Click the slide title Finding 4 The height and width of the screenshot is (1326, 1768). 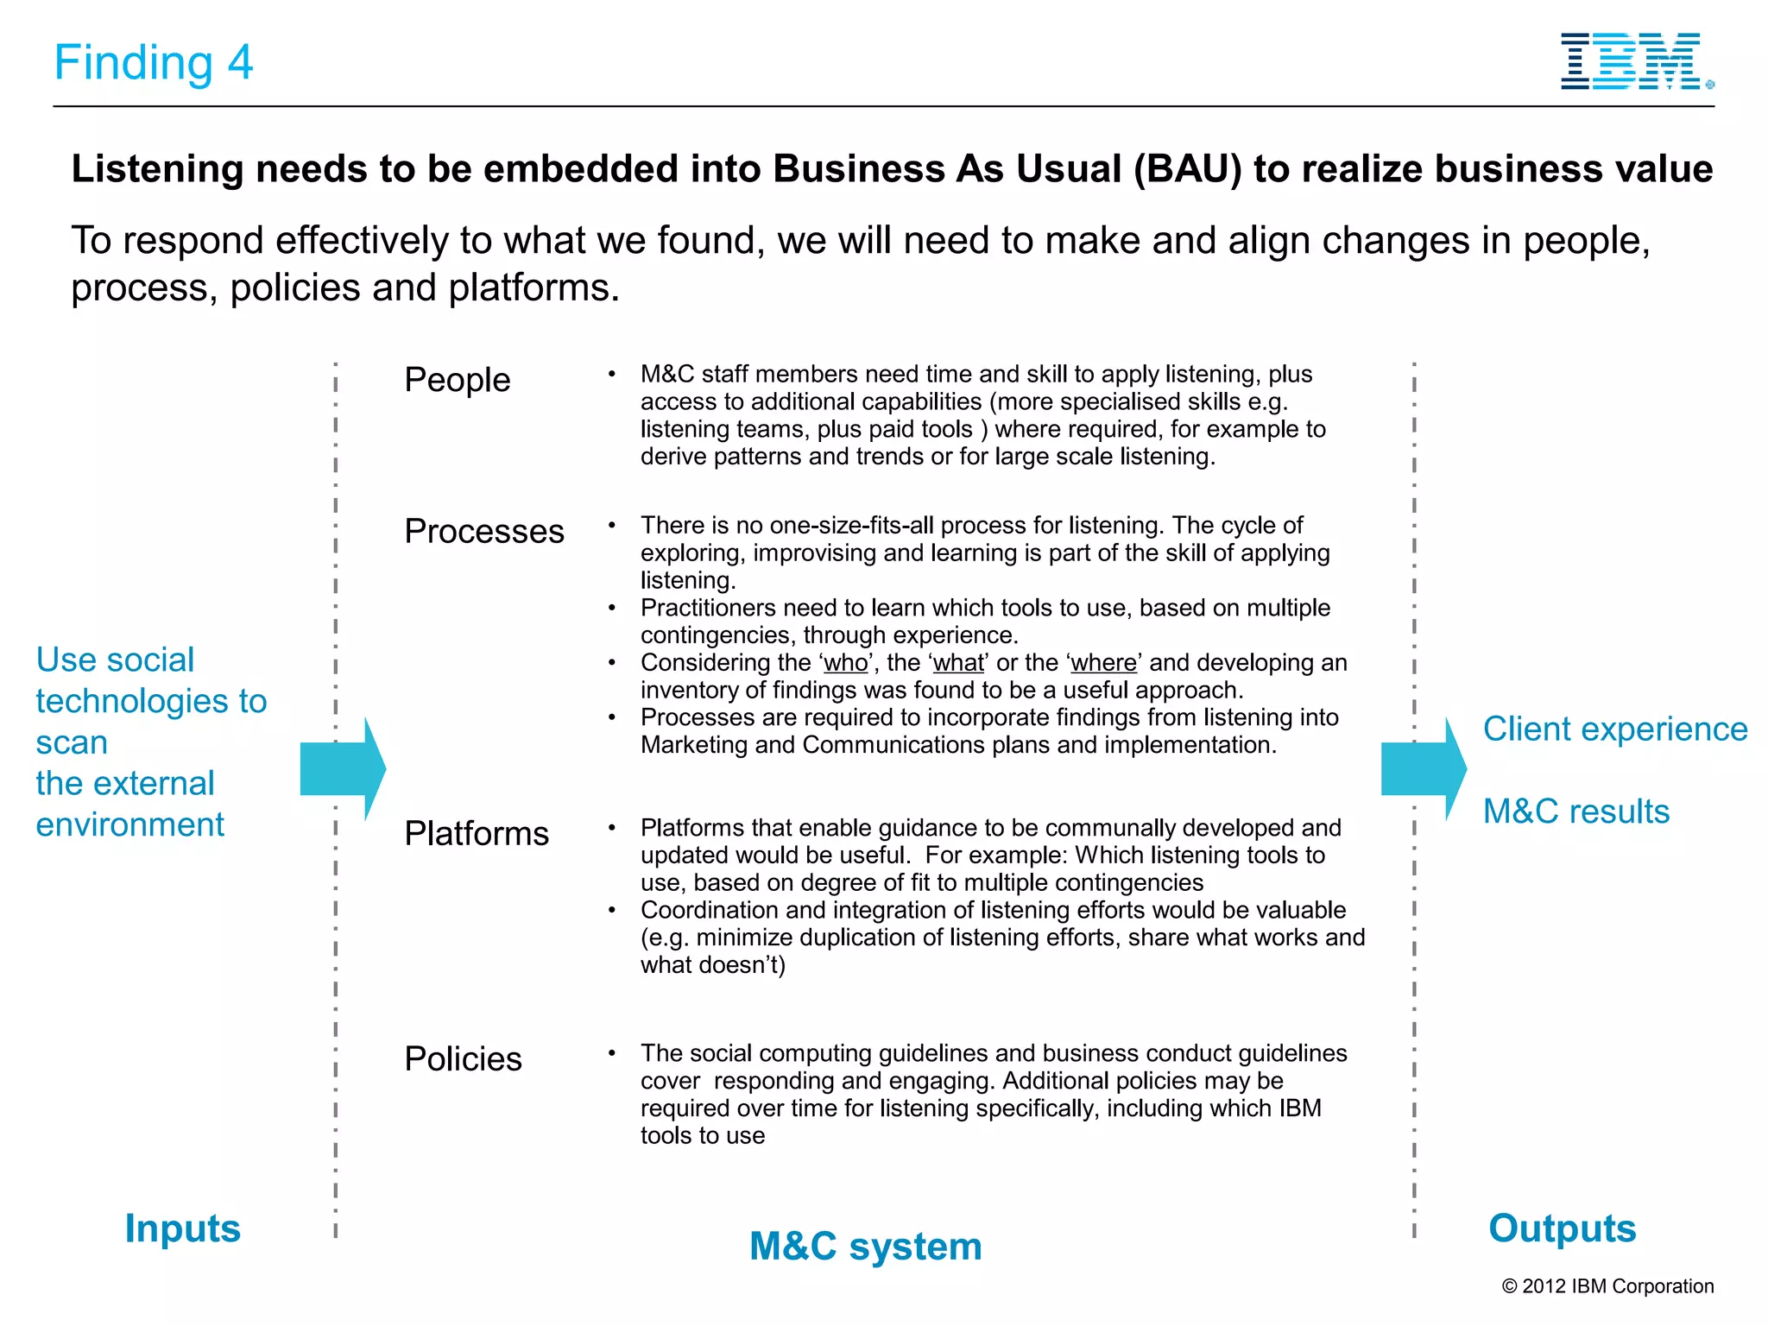[x=154, y=63]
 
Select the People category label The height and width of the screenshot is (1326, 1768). [x=457, y=380]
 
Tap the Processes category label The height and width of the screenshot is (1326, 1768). [x=483, y=531]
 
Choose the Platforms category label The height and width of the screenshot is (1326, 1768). [x=476, y=834]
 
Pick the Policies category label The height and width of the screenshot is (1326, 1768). [x=463, y=1059]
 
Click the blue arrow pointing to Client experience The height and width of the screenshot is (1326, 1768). [x=1422, y=768]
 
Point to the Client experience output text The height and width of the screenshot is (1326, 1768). [x=1614, y=729]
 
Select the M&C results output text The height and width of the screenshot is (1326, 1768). [x=1575, y=811]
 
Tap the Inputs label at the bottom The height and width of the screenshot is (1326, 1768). [x=182, y=1228]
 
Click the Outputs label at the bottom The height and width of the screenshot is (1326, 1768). [x=1562, y=1228]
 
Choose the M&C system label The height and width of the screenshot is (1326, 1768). [x=865, y=1247]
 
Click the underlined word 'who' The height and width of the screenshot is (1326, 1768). [x=845, y=663]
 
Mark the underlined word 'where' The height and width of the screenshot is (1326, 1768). [x=1103, y=663]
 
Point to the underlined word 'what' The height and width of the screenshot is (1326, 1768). [x=958, y=663]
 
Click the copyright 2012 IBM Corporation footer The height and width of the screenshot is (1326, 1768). [x=1607, y=1286]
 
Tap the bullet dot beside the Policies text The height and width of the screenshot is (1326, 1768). [x=611, y=1053]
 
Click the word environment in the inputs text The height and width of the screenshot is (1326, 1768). [x=129, y=825]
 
